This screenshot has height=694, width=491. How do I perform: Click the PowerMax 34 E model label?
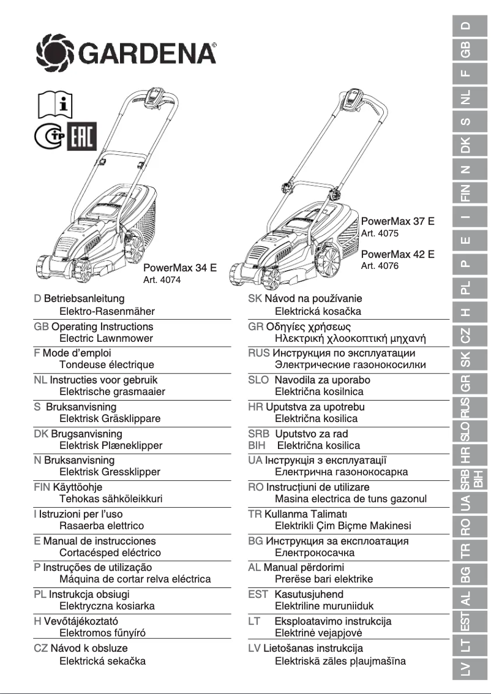coord(180,268)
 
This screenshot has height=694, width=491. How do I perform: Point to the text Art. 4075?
coord(380,233)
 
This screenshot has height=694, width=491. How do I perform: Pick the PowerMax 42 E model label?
coord(397,254)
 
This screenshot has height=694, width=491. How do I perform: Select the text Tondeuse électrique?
coord(107,365)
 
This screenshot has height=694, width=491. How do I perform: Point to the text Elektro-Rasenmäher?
coord(107,312)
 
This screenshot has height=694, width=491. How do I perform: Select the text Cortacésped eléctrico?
coord(110,553)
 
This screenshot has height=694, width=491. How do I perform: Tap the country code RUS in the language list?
coord(258,353)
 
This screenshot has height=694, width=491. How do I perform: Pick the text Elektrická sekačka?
coord(102,661)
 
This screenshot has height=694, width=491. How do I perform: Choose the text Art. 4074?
coord(162,280)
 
